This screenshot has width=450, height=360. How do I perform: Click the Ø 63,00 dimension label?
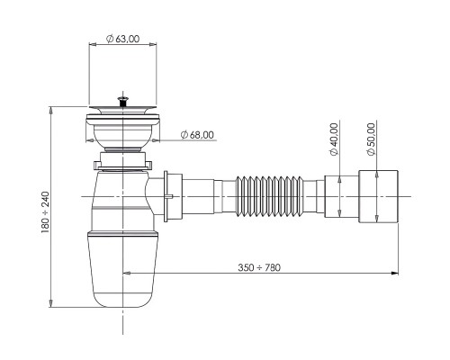123,39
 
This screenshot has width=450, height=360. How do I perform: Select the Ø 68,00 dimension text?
197,135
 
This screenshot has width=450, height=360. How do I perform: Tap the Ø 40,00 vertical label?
334,139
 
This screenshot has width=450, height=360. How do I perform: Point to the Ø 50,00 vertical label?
372,139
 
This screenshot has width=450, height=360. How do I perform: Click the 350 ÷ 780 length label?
259,267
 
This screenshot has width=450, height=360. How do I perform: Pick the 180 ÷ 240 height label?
45,212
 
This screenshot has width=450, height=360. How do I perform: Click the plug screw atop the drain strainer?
122,101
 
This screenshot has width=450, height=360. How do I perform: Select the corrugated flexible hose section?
270,196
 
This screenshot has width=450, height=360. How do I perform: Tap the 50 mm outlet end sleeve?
378,196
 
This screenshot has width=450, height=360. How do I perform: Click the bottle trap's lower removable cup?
122,269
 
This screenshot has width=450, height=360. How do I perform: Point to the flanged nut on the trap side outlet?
173,196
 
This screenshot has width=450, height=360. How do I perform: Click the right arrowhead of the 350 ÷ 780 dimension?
395,273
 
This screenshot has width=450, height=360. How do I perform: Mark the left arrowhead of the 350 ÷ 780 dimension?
127,273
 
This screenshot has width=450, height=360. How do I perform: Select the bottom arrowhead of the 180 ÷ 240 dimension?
51,303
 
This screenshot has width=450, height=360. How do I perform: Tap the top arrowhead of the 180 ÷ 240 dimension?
51,111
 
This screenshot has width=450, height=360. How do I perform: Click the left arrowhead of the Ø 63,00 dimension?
93,45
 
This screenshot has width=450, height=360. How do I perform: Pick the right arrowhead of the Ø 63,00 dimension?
152,45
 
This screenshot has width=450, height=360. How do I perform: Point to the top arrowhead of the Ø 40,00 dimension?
339,180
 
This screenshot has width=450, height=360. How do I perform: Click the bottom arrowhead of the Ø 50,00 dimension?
377,219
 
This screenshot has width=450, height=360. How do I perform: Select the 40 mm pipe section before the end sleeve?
341,196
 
